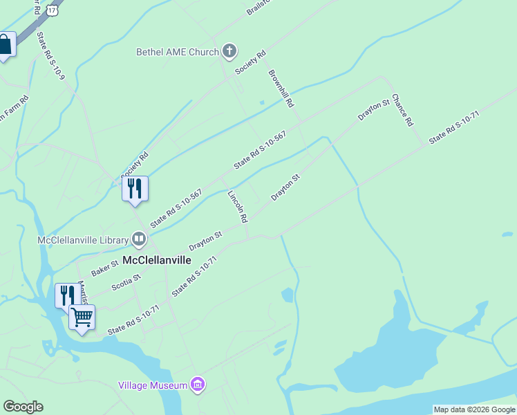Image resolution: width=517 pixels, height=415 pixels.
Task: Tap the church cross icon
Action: (x=229, y=51)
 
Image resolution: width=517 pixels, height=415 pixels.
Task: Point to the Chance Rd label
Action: (x=402, y=110)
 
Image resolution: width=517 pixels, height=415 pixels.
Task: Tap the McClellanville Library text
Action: (x=82, y=240)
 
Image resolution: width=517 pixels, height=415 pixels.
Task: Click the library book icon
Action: (x=139, y=240)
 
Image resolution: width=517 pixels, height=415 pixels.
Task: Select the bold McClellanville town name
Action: (x=156, y=260)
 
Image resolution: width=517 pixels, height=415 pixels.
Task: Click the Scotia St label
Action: (x=126, y=282)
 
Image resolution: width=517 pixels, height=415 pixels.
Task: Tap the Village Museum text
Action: (x=153, y=385)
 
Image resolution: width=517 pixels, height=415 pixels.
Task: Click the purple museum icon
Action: (x=198, y=385)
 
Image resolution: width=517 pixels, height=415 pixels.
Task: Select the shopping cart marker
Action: (x=82, y=317)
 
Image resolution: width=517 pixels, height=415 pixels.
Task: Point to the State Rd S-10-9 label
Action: (x=50, y=55)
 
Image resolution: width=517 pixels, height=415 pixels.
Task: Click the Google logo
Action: (x=23, y=407)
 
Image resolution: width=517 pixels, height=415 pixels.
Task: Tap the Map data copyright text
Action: (x=474, y=409)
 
